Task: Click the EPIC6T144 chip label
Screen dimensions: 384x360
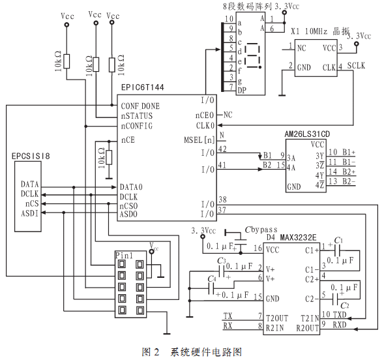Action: click(142, 87)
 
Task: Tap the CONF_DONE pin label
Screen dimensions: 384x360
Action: click(140, 106)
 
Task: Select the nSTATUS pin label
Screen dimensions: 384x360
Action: click(137, 115)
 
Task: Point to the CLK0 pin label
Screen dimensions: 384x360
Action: click(205, 125)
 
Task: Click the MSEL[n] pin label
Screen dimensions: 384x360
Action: click(199, 140)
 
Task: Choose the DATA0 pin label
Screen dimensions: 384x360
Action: click(131, 187)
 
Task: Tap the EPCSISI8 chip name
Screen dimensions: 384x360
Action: click(31, 156)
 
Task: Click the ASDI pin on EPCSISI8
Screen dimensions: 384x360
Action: click(30, 213)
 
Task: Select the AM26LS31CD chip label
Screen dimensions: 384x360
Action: click(307, 134)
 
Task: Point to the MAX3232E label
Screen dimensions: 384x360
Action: click(298, 237)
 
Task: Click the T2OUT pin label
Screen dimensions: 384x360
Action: click(277, 318)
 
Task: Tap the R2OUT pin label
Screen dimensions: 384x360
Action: click(307, 328)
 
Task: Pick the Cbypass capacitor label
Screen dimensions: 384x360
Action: click(261, 230)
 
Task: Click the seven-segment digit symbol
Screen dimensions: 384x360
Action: click(253, 55)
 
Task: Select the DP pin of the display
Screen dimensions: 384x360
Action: click(242, 91)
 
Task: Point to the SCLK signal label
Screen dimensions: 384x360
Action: click(356, 66)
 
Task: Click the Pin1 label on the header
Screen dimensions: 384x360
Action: click(124, 256)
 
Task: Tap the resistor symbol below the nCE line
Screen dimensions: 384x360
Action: click(109, 157)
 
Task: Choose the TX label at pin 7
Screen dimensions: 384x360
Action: click(228, 316)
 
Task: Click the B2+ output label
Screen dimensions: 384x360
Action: click(349, 172)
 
